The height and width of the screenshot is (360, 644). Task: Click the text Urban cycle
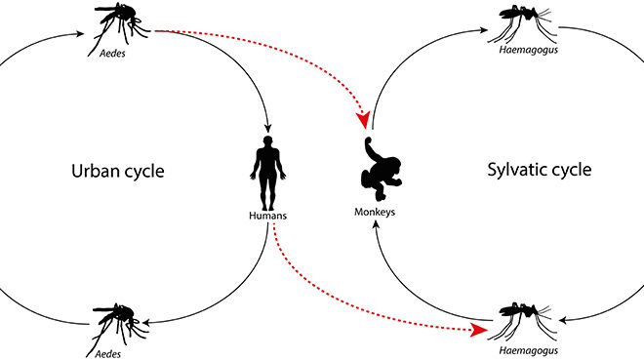(x=117, y=172)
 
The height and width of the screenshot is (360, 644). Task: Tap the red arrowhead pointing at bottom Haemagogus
(x=478, y=330)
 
